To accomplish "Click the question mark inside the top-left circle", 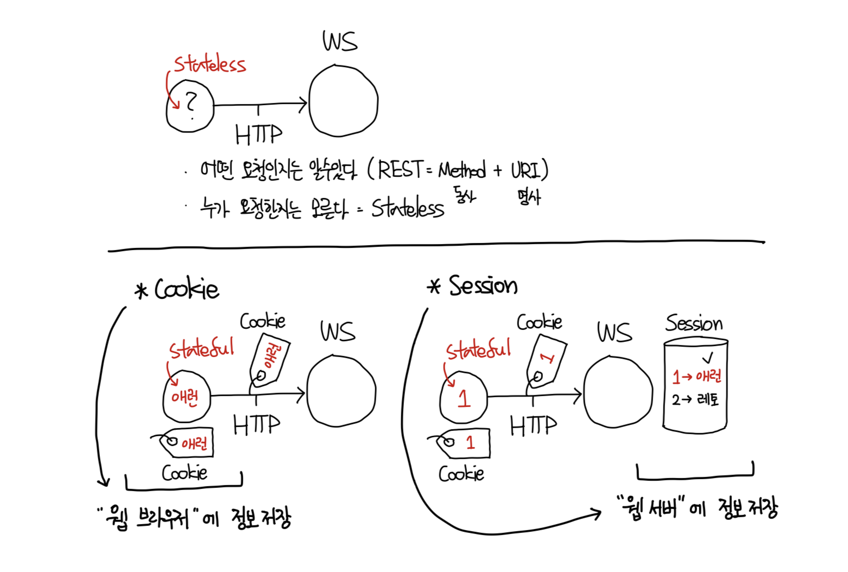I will (x=190, y=103).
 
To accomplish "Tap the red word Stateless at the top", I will (x=210, y=65).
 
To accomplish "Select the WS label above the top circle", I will (x=340, y=41).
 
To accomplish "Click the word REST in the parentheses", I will (x=400, y=170).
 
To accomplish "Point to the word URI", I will (x=526, y=170).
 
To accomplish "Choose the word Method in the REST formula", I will (x=462, y=170).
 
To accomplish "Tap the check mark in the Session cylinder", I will (x=707, y=358).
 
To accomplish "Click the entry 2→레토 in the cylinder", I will (x=695, y=400).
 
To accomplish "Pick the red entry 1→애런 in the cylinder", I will (x=697, y=376).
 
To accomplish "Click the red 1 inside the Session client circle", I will (x=463, y=399).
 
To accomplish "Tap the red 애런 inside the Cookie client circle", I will (x=185, y=398).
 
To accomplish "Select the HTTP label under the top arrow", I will (x=258, y=134).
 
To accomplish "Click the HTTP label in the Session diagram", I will (x=533, y=425).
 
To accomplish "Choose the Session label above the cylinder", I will (x=694, y=323).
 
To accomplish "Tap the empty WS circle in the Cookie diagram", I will (x=341, y=391).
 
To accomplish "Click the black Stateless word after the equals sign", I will (x=407, y=208).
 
